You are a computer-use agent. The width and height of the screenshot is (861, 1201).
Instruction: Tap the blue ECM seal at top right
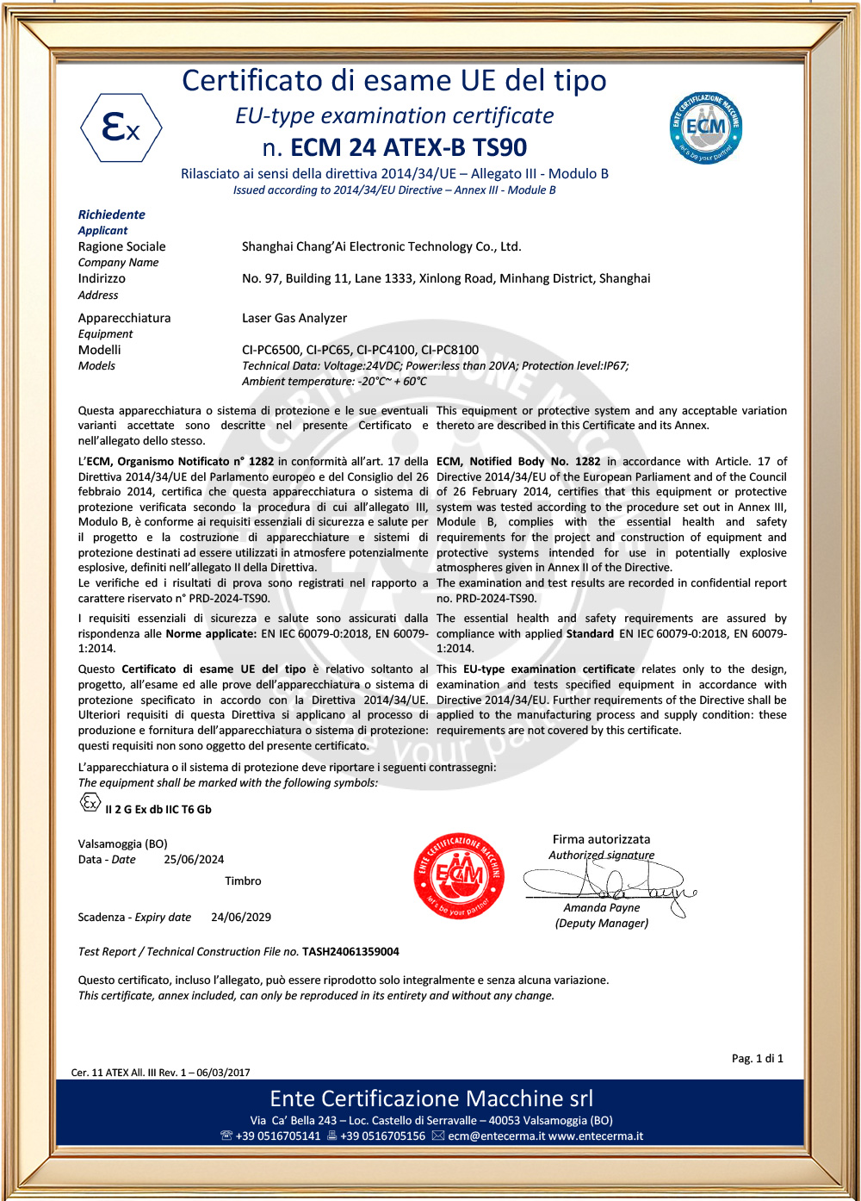coord(706,128)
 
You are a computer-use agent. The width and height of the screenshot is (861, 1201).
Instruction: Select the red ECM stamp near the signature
coord(459,875)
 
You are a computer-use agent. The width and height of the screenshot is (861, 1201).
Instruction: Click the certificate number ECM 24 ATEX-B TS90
coord(408,147)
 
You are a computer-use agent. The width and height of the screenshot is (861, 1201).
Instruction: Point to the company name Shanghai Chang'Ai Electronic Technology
coord(381,246)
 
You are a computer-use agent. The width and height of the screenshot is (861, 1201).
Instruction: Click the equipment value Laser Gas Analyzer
coord(294,318)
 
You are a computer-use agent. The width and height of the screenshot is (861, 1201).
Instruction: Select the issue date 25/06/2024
coord(194,860)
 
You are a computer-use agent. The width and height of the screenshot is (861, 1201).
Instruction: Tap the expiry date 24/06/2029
coord(241,918)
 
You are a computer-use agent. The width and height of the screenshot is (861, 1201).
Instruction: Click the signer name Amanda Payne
coord(602,907)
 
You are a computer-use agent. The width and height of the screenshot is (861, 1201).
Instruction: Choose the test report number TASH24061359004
coord(350,952)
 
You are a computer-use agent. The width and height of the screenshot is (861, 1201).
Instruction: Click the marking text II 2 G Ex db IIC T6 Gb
coord(158,810)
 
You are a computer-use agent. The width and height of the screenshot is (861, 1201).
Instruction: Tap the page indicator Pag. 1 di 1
coord(758,1059)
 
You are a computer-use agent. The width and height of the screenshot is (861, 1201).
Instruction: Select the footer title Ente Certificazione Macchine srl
coord(431,1098)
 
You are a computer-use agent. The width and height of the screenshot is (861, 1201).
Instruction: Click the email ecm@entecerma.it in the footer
coord(497,1136)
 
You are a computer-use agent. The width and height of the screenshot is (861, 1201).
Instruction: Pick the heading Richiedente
coord(112,215)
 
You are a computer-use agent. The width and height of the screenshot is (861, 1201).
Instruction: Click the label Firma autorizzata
coord(602,839)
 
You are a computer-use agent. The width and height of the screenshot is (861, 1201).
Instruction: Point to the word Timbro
coord(243,881)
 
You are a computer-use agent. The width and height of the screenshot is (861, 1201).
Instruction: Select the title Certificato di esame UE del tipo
coord(394,81)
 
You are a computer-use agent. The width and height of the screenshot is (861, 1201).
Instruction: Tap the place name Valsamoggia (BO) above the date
coord(123,844)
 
